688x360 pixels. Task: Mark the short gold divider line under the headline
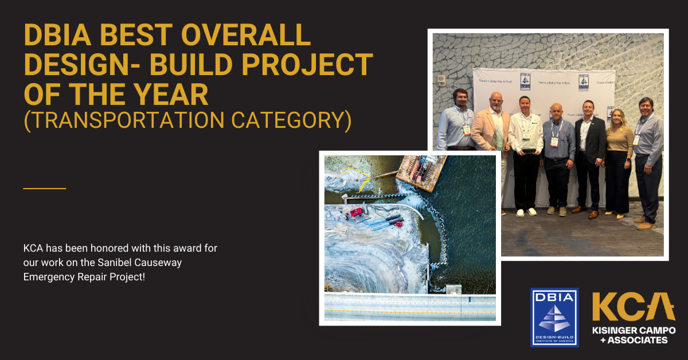point(45,188)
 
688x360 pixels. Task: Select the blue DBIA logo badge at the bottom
point(554,317)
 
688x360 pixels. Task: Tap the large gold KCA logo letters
point(633,308)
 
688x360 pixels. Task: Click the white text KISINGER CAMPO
point(633,331)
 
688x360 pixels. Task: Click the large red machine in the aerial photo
point(357,212)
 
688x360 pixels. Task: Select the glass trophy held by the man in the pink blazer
point(498,139)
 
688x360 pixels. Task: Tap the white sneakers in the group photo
point(526,212)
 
